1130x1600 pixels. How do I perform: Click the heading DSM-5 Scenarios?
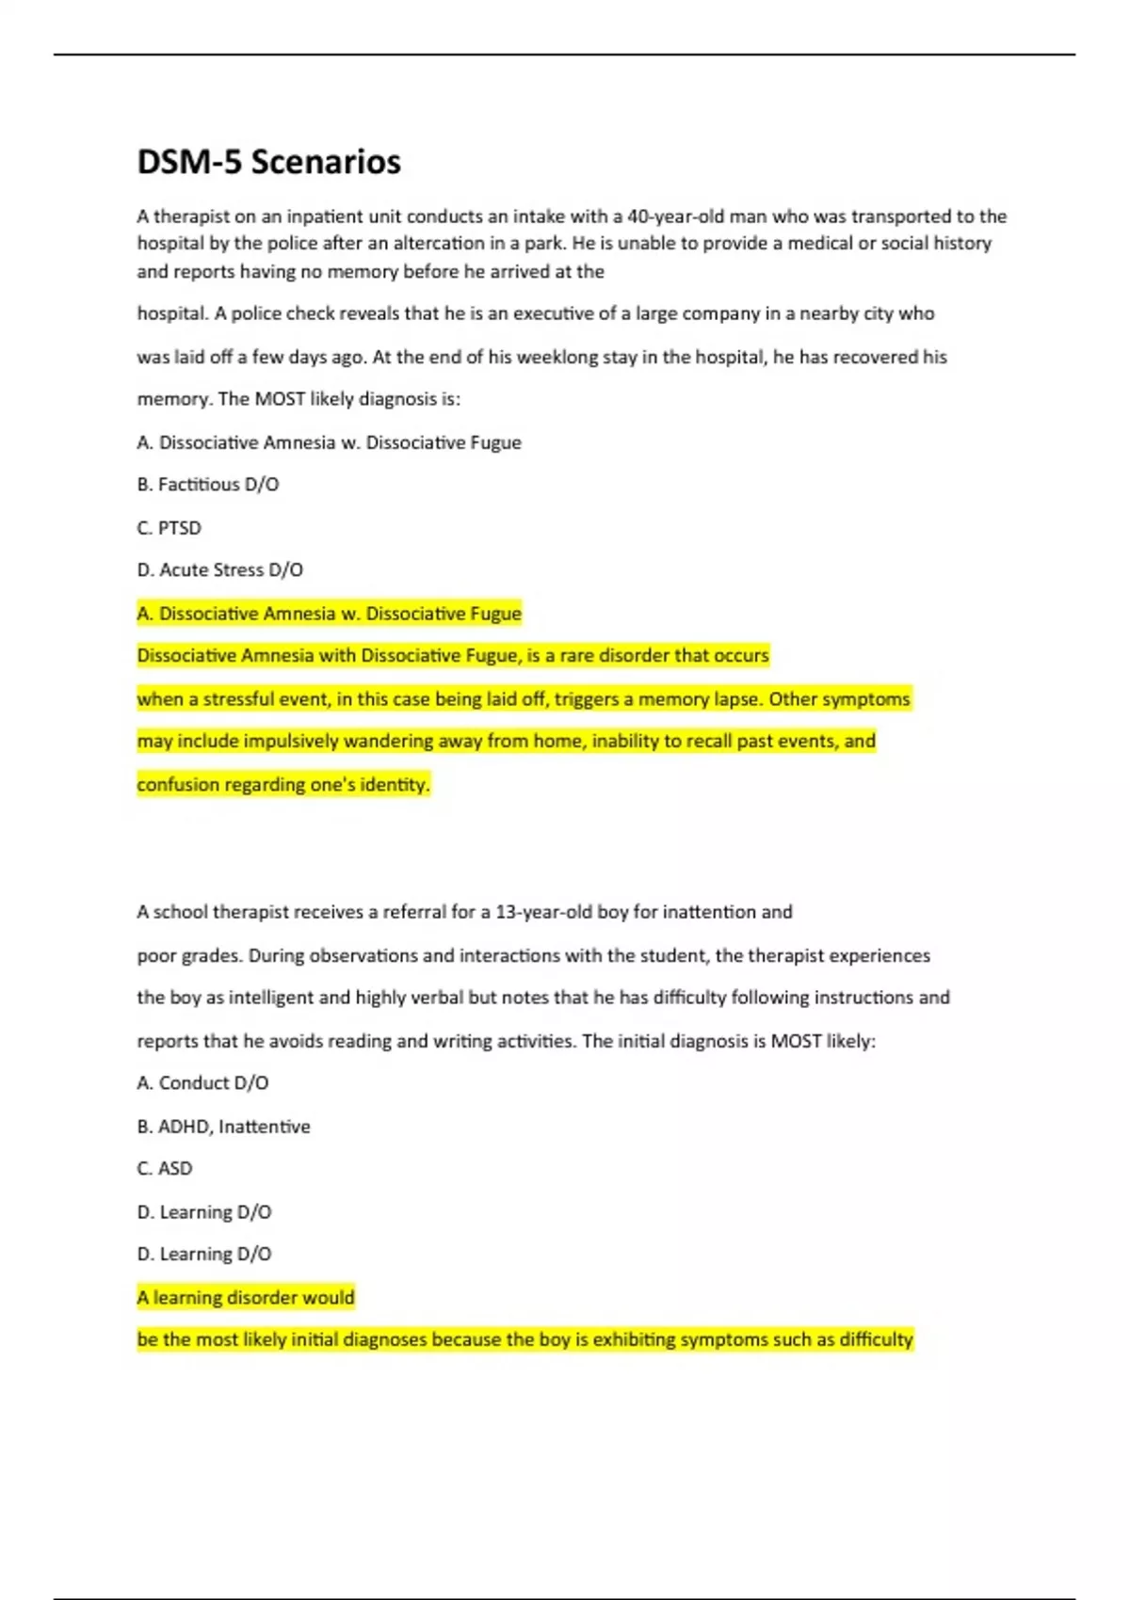[268, 162]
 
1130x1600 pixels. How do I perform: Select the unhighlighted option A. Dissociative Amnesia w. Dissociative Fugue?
[329, 442]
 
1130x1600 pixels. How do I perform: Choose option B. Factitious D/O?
[208, 485]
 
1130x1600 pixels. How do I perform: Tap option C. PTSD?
[169, 528]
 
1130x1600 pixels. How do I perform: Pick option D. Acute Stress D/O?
[220, 570]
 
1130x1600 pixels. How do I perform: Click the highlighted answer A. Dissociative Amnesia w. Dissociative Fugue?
[329, 614]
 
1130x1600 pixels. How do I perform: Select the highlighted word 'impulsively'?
[291, 742]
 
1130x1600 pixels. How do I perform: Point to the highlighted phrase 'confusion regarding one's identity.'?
[283, 785]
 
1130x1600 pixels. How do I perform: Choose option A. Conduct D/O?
[203, 1083]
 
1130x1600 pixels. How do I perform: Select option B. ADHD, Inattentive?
[224, 1127]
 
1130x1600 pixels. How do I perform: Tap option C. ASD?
[165, 1169]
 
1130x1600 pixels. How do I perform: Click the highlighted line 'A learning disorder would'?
[246, 1298]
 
